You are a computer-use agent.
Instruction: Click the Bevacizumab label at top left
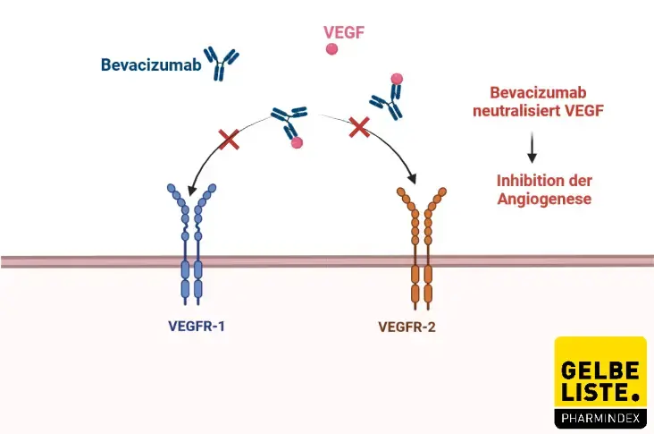click(x=150, y=65)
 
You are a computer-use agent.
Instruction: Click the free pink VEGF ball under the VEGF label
click(x=332, y=51)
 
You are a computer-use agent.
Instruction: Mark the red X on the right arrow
click(x=359, y=127)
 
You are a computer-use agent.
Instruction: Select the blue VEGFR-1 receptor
click(x=191, y=242)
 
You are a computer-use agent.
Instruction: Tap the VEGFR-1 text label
click(x=197, y=327)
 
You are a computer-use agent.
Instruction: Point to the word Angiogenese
click(x=543, y=199)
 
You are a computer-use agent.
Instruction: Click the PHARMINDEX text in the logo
click(x=599, y=417)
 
